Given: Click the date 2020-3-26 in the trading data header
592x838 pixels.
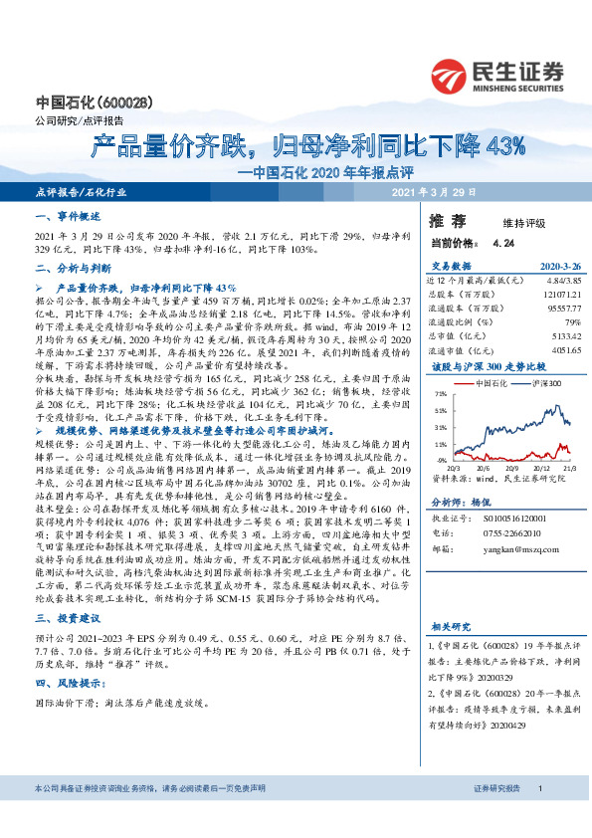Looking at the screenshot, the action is pos(558,267).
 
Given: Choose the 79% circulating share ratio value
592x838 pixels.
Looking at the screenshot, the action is pos(572,322).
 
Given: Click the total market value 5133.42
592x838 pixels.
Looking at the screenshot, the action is pos(563,335).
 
